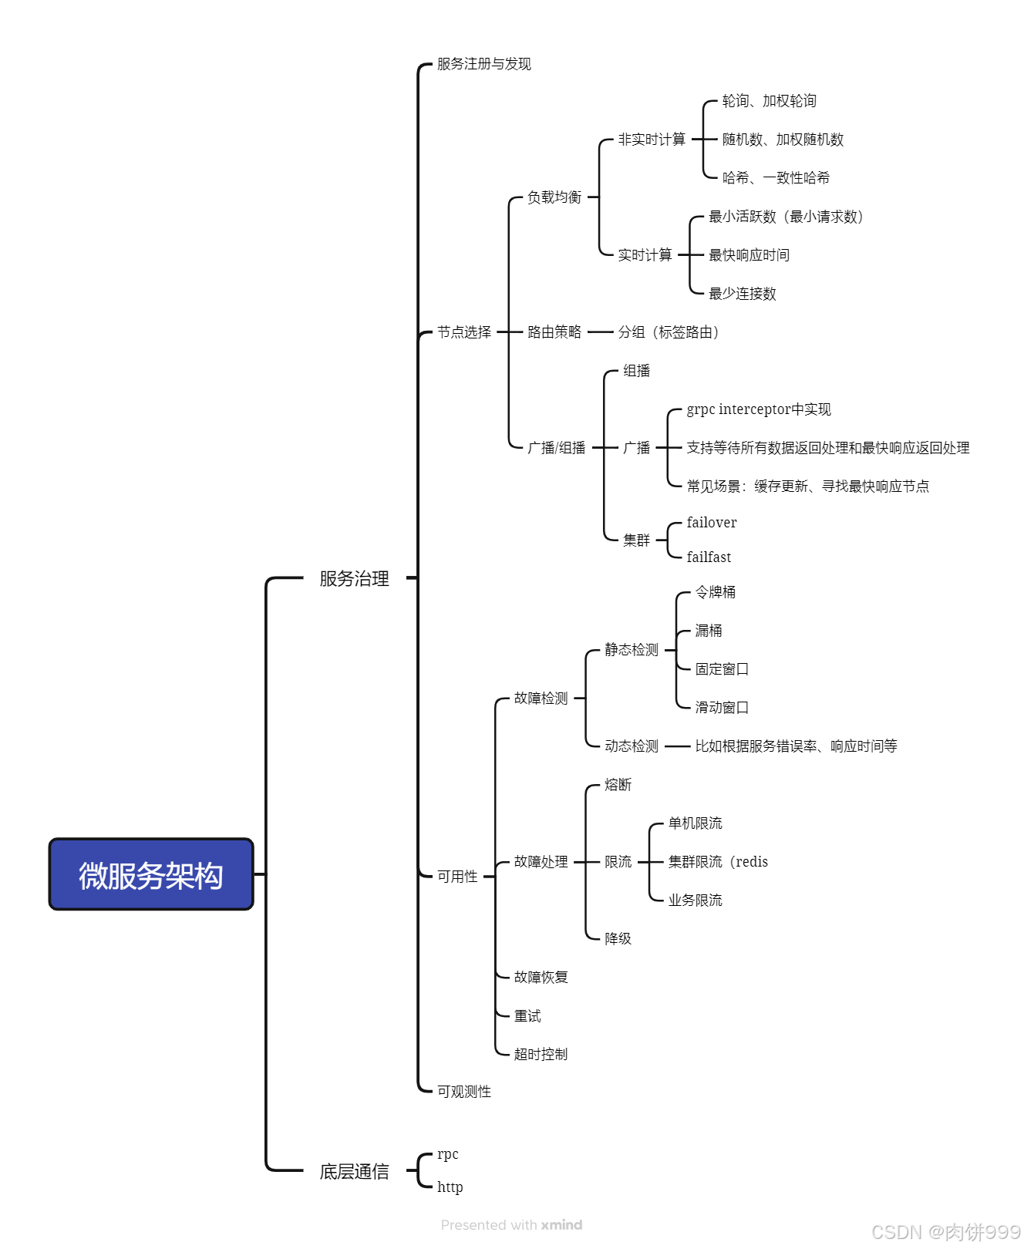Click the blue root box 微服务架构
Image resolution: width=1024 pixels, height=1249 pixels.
(x=151, y=875)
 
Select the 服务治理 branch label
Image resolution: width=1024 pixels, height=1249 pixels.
(x=354, y=578)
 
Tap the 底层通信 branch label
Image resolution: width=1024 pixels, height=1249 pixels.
(x=354, y=1172)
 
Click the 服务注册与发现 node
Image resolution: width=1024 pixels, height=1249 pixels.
(x=483, y=64)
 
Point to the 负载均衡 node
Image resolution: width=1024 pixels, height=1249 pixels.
(x=554, y=197)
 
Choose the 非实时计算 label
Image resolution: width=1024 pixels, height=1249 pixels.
(x=652, y=140)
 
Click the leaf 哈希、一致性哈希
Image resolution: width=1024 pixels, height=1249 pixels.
(x=776, y=178)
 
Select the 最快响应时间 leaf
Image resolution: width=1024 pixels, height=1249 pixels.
(x=749, y=255)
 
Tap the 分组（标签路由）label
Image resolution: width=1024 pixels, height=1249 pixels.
(x=669, y=332)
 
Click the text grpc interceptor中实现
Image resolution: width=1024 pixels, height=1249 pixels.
(x=759, y=409)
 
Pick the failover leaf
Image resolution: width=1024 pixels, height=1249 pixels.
(x=711, y=523)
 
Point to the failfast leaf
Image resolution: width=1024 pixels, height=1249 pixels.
(x=709, y=557)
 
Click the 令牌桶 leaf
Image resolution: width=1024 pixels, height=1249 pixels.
(x=715, y=592)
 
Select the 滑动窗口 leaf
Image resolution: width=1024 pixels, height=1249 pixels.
(x=722, y=708)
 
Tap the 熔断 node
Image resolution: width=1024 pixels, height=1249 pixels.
(x=618, y=785)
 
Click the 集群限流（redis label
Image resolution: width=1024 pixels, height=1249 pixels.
(x=718, y=862)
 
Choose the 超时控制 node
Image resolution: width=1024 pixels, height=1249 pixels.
(x=541, y=1054)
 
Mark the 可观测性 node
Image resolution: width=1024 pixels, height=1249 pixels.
(x=463, y=1092)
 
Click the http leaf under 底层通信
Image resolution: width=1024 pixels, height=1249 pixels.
(x=450, y=1187)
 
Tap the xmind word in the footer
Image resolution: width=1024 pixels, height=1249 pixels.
(x=561, y=1225)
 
